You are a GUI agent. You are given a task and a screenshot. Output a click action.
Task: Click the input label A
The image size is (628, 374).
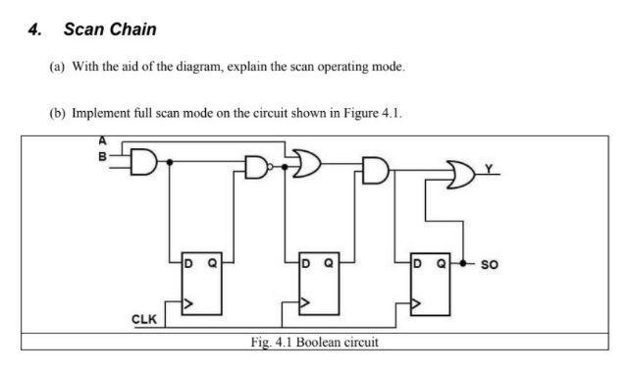pos(101,140)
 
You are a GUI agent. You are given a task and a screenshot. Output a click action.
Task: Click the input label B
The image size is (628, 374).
pos(101,154)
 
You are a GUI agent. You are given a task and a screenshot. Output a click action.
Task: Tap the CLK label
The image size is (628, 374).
pos(144,319)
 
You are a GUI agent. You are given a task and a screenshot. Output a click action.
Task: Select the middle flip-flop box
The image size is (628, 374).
pos(318,285)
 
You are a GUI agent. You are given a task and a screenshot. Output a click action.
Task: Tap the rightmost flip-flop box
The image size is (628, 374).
pos(430,285)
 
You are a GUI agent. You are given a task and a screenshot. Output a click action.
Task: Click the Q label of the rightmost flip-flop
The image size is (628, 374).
pos(442,263)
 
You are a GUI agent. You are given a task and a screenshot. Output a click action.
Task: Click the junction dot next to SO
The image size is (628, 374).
pos(462,263)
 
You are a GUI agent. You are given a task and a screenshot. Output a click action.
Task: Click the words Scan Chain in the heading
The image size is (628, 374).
pos(110,29)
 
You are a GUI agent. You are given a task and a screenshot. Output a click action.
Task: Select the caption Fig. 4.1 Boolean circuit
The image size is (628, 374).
pos(315,343)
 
